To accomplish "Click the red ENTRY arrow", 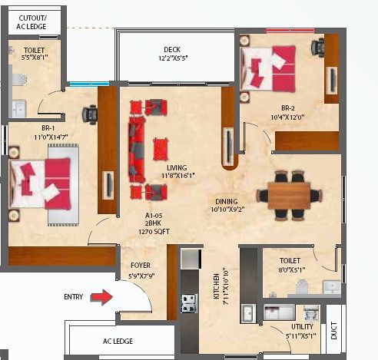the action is (x=102, y=297).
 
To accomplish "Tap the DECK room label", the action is (x=172, y=49).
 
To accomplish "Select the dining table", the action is (x=289, y=195).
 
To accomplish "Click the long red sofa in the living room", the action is (x=137, y=150).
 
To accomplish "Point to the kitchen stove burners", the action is (x=190, y=303).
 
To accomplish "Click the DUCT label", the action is (x=334, y=331).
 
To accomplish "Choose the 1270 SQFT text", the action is (x=154, y=232).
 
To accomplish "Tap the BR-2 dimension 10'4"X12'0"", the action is (x=287, y=117).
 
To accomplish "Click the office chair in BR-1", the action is (x=90, y=114).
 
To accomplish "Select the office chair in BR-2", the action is (x=318, y=48).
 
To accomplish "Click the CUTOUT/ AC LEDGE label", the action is (x=31, y=22).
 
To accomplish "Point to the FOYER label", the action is (x=141, y=266).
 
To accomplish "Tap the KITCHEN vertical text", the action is (x=217, y=286).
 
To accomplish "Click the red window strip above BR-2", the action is (x=290, y=31).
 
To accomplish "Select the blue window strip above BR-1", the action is (x=89, y=84).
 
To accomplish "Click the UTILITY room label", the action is (x=302, y=327).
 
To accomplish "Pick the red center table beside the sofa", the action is (x=161, y=149).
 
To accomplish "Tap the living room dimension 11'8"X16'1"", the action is (x=178, y=176).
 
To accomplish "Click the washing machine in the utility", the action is (x=311, y=312).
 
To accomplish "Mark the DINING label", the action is (x=227, y=201).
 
